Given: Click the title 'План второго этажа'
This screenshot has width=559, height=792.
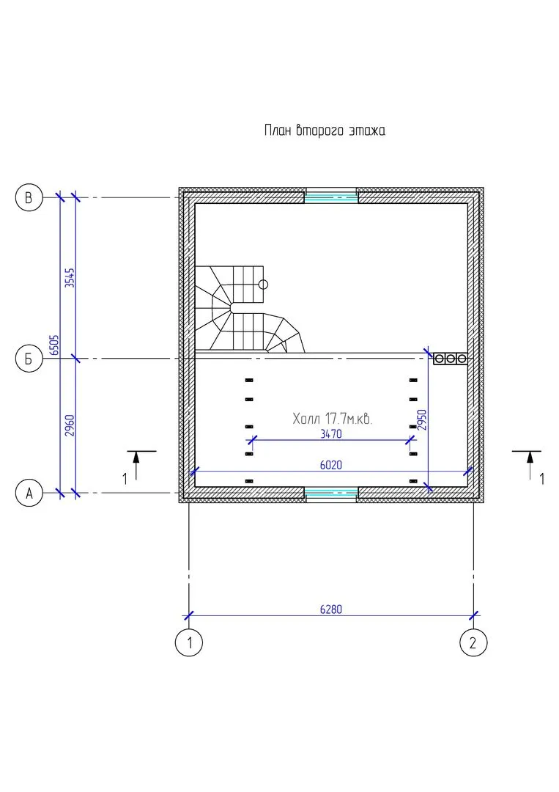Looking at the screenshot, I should [324, 131].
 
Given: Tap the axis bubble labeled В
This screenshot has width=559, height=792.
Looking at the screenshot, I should [29, 198].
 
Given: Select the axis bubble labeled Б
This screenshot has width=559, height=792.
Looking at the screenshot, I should [29, 359].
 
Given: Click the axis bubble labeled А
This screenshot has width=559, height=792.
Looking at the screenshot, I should [29, 494].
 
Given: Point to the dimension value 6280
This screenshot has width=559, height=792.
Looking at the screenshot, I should [331, 609].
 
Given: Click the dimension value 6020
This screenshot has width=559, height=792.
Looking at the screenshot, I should [331, 465].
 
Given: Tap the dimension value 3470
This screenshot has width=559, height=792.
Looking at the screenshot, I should [331, 434].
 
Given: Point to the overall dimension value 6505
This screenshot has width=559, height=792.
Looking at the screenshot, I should [54, 345].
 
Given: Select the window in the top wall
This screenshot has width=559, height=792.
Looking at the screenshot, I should [331, 196].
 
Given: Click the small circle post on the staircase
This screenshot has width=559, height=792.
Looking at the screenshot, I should [264, 283].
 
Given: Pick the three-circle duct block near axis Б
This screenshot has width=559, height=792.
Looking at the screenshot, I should [450, 359].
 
